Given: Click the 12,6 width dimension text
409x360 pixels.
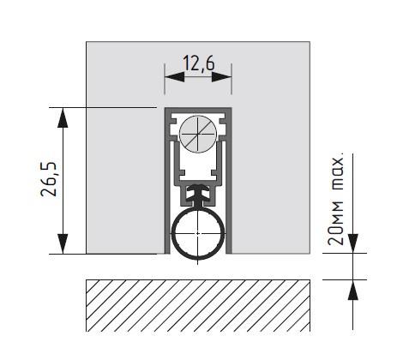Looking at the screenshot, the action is [x=198, y=63].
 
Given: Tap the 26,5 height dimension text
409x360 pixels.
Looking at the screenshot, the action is [x=48, y=179].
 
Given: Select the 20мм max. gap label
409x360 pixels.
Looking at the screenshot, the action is [x=335, y=201].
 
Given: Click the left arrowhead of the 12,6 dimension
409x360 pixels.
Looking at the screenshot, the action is [x=175, y=77].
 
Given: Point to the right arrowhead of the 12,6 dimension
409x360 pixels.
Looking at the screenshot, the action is [x=221, y=77].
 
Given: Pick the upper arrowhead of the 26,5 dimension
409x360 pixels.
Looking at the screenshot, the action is [x=63, y=117].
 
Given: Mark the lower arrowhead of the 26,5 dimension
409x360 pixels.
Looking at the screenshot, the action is [x=63, y=243].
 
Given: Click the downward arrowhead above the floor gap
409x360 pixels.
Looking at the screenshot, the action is [x=353, y=243].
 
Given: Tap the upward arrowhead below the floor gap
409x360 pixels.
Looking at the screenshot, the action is [x=353, y=290].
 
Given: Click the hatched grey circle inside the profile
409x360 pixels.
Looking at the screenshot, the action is [x=197, y=134].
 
